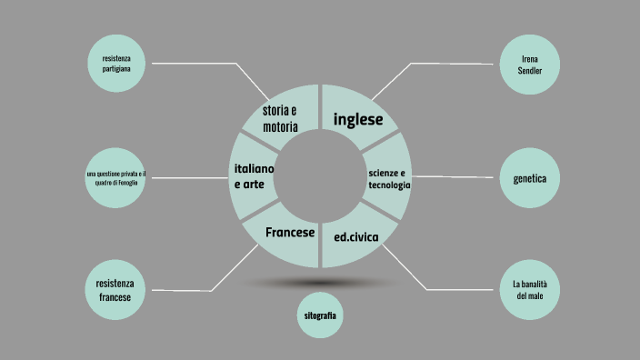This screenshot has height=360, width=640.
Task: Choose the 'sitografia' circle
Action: pyautogui.click(x=321, y=315)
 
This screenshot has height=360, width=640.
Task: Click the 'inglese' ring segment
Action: pyautogui.click(x=358, y=119)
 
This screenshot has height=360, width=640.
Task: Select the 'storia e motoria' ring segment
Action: pyautogui.click(x=280, y=119)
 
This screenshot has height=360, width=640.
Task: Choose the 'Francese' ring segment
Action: pyautogui.click(x=288, y=235)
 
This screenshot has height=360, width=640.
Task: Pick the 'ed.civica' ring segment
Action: pyautogui.click(x=355, y=237)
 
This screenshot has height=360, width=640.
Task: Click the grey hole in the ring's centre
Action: pyautogui.click(x=321, y=176)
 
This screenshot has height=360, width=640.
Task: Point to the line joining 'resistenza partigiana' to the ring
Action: pyautogui.click(x=209, y=64)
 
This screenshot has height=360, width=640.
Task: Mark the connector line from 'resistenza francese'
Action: pyautogui.click(x=191, y=291)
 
